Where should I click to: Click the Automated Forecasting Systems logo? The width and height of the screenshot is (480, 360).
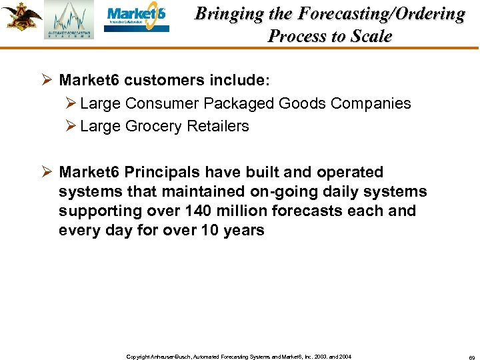(69, 20)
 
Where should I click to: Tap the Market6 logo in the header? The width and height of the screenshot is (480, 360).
(137, 17)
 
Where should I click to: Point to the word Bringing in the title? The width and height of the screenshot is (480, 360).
(225, 15)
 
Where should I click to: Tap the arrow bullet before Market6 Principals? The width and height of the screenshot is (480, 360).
(46, 173)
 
